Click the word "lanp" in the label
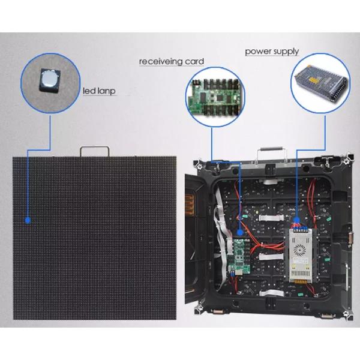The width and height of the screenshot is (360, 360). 106,91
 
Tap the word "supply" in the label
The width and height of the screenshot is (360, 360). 285,52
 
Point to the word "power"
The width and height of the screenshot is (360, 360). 257,52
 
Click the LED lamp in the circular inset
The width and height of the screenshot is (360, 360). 50,80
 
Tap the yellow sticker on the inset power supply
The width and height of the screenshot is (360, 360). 314,80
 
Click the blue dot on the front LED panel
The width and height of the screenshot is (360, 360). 28,220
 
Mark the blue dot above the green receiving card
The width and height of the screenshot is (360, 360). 240,232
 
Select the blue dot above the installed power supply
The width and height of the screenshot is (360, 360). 296,220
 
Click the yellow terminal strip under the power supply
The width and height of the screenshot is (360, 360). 301,281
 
